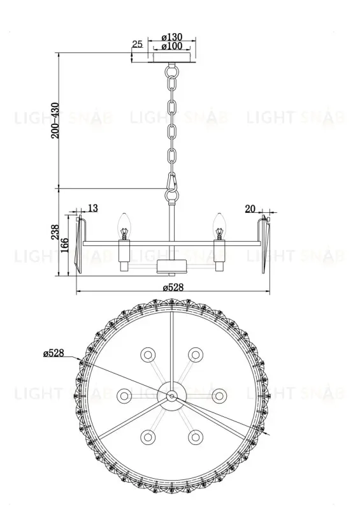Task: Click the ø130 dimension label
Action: tap(172, 38)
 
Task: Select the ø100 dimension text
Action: tap(172, 47)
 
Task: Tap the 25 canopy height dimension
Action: tap(137, 44)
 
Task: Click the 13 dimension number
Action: tap(93, 208)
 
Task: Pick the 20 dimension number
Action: tap(250, 208)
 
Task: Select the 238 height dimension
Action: tap(55, 234)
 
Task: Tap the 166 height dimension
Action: tap(65, 244)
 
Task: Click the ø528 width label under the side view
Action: tap(172, 287)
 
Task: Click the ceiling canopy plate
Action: tap(172, 57)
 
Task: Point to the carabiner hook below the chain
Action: tap(171, 185)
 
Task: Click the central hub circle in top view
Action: tap(171, 396)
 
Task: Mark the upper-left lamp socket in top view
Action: tap(148, 354)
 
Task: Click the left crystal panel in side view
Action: tap(81, 246)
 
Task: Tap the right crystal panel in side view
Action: tap(263, 246)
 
